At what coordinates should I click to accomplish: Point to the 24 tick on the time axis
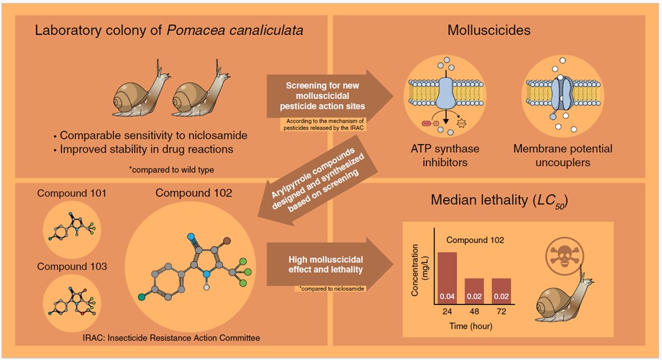(447, 312)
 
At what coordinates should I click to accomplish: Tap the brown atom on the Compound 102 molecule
(227, 239)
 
